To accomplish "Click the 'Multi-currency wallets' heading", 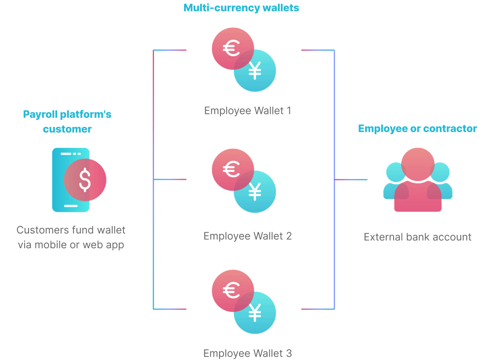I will point(241,8).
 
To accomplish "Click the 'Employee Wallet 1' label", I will point(247,110).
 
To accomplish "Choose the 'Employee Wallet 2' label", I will point(247,236).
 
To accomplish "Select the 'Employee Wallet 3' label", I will point(247,353).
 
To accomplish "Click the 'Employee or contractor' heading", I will point(417,129).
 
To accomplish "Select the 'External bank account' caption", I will point(417,237).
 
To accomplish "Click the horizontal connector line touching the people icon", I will point(351,179).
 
